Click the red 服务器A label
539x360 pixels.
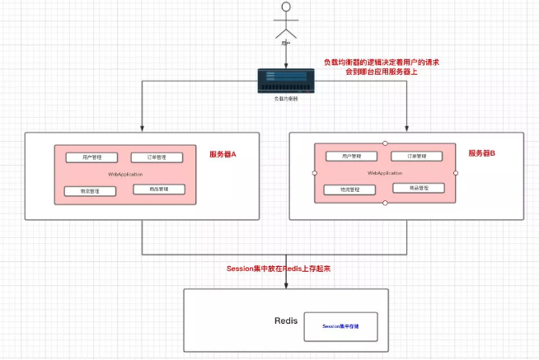point(223,154)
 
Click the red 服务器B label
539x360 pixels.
point(481,153)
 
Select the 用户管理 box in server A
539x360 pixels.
point(89,157)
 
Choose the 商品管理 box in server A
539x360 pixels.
point(159,189)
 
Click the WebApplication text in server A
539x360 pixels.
point(126,174)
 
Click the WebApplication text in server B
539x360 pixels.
point(385,173)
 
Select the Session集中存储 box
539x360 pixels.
point(340,326)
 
